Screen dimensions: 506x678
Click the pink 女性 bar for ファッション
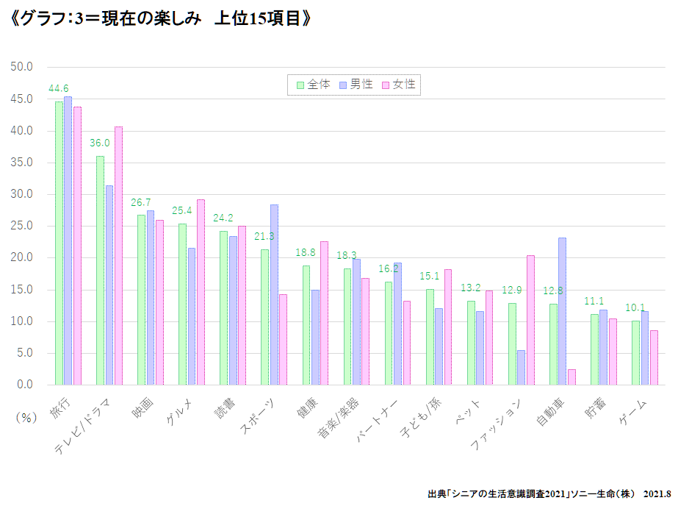pyautogui.click(x=530, y=320)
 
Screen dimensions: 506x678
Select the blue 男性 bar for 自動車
pyautogui.click(x=562, y=311)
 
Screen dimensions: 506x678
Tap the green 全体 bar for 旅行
pyautogui.click(x=59, y=243)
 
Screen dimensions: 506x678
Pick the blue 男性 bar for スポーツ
pyautogui.click(x=274, y=294)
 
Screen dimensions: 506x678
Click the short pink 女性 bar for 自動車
pyautogui.click(x=571, y=377)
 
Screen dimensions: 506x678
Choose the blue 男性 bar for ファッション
pyautogui.click(x=521, y=367)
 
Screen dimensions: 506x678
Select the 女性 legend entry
pyautogui.click(x=400, y=85)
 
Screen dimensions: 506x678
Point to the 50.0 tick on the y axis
pyautogui.click(x=23, y=67)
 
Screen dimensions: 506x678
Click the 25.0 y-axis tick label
pyautogui.click(x=23, y=226)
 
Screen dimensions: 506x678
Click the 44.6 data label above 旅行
pyautogui.click(x=59, y=89)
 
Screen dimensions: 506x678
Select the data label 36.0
pyautogui.click(x=100, y=143)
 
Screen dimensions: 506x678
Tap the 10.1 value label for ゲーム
pyautogui.click(x=635, y=308)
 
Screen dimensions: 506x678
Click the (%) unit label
pyautogui.click(x=26, y=416)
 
